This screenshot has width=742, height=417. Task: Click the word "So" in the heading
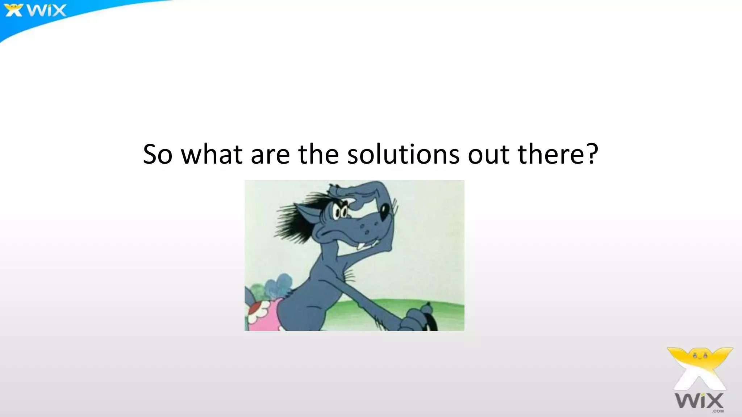coord(157,155)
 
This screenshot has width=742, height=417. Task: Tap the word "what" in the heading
coord(212,155)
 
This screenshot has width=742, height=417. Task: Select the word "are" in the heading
coord(270,155)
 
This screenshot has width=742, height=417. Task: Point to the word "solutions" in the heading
coord(403,155)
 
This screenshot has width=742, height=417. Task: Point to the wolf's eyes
coord(341,212)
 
